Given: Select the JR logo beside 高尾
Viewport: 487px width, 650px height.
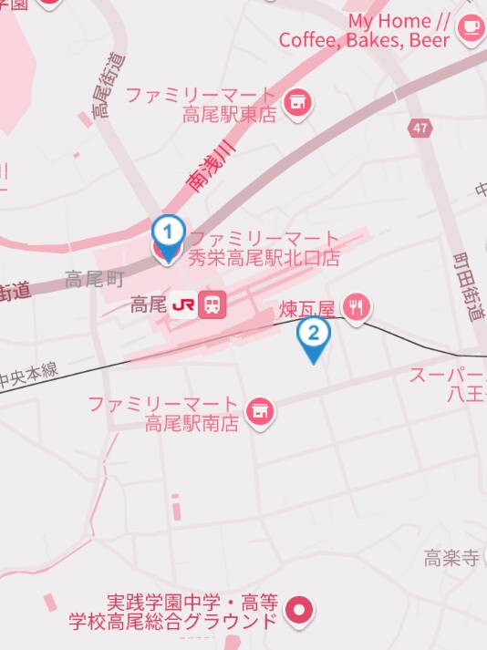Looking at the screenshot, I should (182, 304).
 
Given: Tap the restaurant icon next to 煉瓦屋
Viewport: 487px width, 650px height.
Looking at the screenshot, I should (357, 309).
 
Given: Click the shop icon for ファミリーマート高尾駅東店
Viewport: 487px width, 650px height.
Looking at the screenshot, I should (296, 105).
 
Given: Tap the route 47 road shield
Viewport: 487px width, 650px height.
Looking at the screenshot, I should (419, 128).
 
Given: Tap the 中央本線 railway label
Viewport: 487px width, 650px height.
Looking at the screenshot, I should (29, 374).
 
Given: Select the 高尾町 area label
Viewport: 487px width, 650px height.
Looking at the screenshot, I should (94, 279).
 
